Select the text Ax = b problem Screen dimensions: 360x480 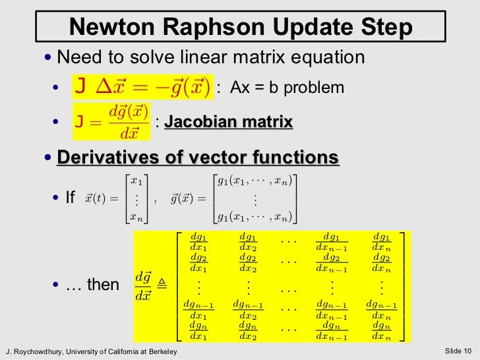pos(287,88)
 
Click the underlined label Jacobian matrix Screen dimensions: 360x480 pos(228,122)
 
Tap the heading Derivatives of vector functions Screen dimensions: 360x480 pos(198,158)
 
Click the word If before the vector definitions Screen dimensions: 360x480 pos(71,197)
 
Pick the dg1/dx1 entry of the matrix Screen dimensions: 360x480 pos(198,241)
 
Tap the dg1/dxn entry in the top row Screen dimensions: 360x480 pos(380,241)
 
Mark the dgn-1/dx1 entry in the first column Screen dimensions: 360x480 pos(198,309)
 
